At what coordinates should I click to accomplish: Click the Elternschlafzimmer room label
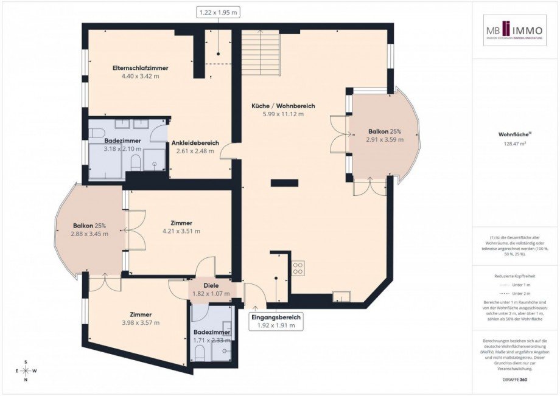[140, 68]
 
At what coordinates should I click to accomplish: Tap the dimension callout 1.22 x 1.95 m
[217, 12]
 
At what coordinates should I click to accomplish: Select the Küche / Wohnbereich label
[282, 106]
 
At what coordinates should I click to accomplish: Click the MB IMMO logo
[515, 30]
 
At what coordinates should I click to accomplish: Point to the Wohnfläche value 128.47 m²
[515, 144]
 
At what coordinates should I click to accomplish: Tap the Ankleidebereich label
[194, 143]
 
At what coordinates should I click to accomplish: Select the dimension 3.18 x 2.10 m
[122, 148]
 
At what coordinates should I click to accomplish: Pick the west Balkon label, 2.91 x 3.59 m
[385, 139]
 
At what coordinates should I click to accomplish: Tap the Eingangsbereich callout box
[277, 321]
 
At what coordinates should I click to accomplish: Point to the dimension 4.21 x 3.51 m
[181, 231]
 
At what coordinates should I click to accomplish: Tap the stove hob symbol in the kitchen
[298, 268]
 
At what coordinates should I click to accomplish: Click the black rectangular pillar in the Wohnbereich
[284, 182]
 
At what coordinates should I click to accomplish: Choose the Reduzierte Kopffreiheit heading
[515, 276]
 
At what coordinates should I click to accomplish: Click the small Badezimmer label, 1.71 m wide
[211, 332]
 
